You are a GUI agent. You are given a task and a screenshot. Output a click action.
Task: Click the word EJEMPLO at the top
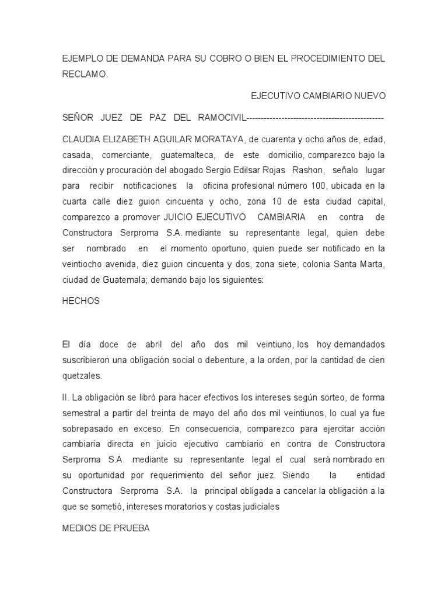(83, 59)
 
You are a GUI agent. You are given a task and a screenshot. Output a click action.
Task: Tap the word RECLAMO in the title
(85, 75)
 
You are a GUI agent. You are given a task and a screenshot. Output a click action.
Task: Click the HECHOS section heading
(81, 301)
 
